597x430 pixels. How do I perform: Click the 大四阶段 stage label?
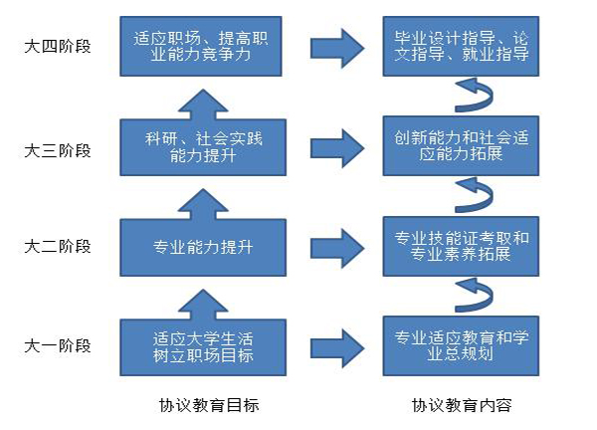pyautogui.click(x=58, y=47)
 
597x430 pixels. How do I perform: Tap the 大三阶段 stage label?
pyautogui.click(x=58, y=151)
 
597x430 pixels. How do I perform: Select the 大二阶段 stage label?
pyautogui.click(x=58, y=247)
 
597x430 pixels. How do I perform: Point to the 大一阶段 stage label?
pyautogui.click(x=58, y=346)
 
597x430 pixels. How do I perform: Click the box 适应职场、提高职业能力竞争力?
pyautogui.click(x=201, y=46)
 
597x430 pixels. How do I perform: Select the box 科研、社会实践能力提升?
pyautogui.click(x=203, y=147)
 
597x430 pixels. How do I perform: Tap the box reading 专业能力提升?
pyautogui.click(x=203, y=248)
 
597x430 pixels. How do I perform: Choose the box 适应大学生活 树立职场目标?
pyautogui.click(x=203, y=347)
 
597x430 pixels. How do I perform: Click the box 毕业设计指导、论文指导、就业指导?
pyautogui.click(x=461, y=46)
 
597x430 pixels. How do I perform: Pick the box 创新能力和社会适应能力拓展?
pyautogui.click(x=461, y=146)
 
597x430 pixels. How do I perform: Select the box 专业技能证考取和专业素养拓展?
pyautogui.click(x=461, y=247)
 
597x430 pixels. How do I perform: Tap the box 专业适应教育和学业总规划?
pyautogui.click(x=461, y=345)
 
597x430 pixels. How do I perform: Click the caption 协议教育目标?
pyautogui.click(x=209, y=405)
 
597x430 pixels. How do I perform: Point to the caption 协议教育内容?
pyautogui.click(x=462, y=405)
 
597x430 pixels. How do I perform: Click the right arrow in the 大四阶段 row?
pyautogui.click(x=337, y=49)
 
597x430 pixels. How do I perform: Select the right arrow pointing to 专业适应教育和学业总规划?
pyautogui.click(x=337, y=348)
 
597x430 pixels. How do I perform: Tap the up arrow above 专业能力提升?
pyautogui.click(x=203, y=204)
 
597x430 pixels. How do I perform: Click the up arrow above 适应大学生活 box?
pyautogui.click(x=203, y=305)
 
